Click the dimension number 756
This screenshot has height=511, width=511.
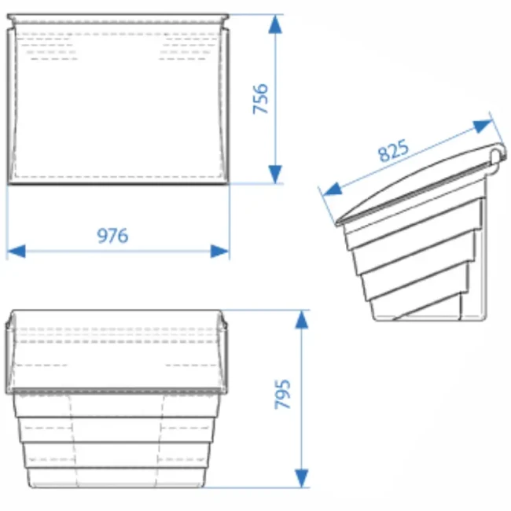(260, 99)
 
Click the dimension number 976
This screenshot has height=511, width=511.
(112, 236)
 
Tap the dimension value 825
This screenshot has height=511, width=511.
(393, 151)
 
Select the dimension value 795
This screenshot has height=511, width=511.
(282, 394)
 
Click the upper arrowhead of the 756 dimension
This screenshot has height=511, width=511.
(275, 24)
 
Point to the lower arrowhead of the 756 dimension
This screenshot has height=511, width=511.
(275, 174)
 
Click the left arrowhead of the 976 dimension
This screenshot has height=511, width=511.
(17, 252)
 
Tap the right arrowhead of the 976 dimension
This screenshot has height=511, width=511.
(219, 252)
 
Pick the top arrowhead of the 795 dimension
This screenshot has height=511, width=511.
(301, 319)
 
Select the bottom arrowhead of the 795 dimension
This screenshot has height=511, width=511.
(301, 478)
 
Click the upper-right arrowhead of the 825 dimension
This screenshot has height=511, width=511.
(483, 126)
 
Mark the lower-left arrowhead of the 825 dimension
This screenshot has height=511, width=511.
(332, 189)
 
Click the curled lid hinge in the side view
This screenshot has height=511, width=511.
(497, 157)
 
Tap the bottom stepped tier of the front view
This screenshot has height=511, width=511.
(116, 478)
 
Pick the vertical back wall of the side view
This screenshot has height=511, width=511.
(484, 248)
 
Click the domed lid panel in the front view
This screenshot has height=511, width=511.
(116, 351)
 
